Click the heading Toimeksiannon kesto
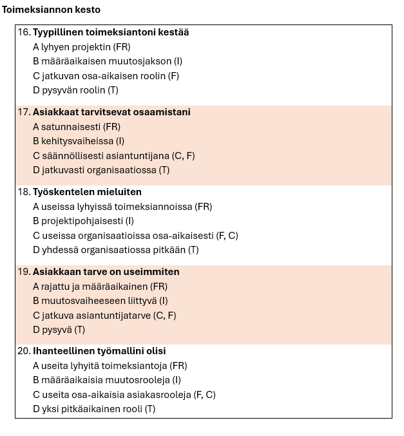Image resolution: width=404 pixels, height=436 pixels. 51,10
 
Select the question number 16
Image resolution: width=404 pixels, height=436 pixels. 24,32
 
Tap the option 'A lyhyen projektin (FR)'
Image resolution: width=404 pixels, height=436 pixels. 81,47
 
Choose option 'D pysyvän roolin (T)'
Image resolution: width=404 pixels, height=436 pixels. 75,90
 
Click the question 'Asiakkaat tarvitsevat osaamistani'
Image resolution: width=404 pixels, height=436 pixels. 111,112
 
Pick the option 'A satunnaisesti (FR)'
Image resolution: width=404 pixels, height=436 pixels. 77,127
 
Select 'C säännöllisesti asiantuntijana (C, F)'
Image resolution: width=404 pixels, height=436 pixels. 113,156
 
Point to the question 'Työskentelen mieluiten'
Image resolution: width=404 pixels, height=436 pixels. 87,192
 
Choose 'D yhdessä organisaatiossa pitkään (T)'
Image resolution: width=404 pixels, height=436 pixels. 115,250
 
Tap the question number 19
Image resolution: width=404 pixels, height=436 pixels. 24,272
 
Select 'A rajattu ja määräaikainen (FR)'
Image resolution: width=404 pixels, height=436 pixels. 100,287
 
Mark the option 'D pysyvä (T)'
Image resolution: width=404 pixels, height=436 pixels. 59,330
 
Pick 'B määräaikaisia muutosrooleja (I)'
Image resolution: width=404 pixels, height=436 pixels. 106,380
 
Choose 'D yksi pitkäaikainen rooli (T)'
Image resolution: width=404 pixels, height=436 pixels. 94,409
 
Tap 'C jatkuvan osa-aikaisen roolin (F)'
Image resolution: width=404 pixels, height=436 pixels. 106,76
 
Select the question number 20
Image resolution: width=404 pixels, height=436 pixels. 24,351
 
